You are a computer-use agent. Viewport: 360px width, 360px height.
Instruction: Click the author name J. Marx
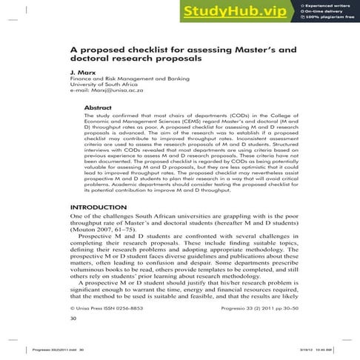tap(82, 74)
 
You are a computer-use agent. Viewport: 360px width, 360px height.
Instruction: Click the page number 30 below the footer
tap(73, 319)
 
